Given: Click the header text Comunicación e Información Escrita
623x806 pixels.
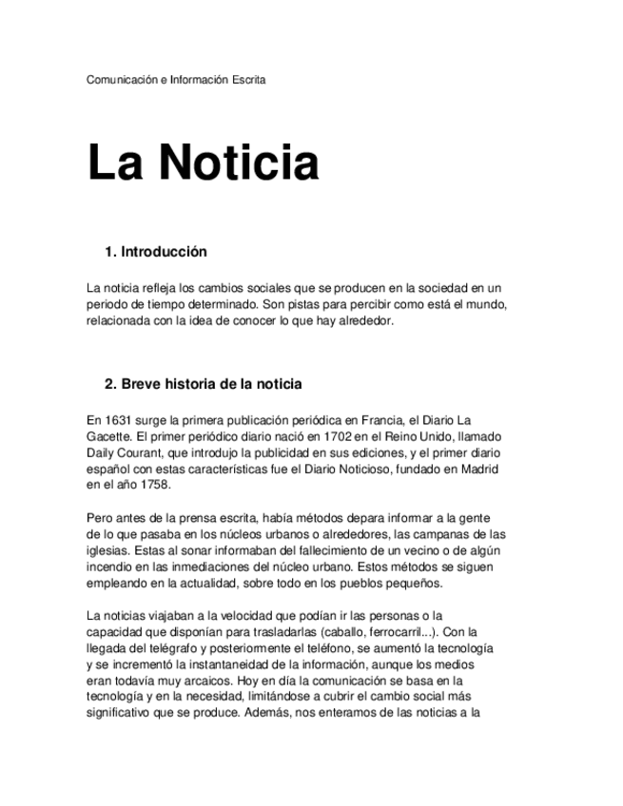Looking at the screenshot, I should pyautogui.click(x=176, y=80).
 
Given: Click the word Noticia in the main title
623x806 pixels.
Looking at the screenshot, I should pyautogui.click(x=239, y=163).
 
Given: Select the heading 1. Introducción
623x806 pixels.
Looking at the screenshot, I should pyautogui.click(x=155, y=253).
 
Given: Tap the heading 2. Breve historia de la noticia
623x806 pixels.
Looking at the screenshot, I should pyautogui.click(x=203, y=384).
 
